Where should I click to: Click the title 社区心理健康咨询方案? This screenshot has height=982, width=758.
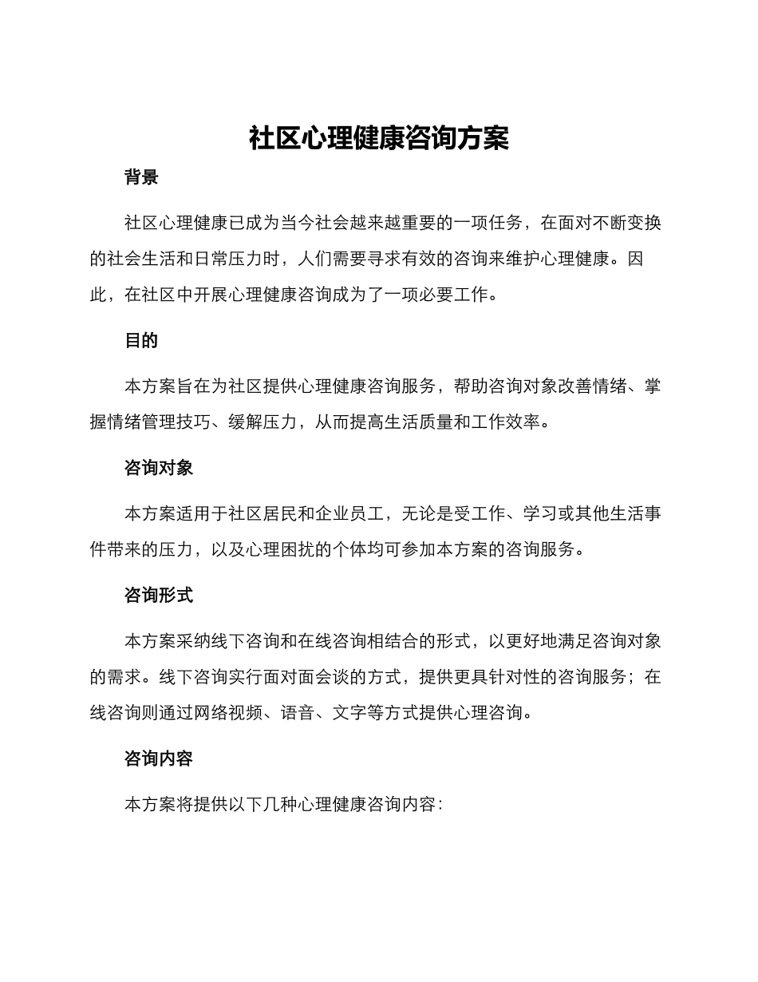379,138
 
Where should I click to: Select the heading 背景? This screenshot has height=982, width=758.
141,178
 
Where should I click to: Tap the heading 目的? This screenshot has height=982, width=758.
141,341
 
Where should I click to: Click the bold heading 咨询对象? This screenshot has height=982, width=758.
159,469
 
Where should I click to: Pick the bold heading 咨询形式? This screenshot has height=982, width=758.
159,596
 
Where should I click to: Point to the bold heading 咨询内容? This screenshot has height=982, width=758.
159,759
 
